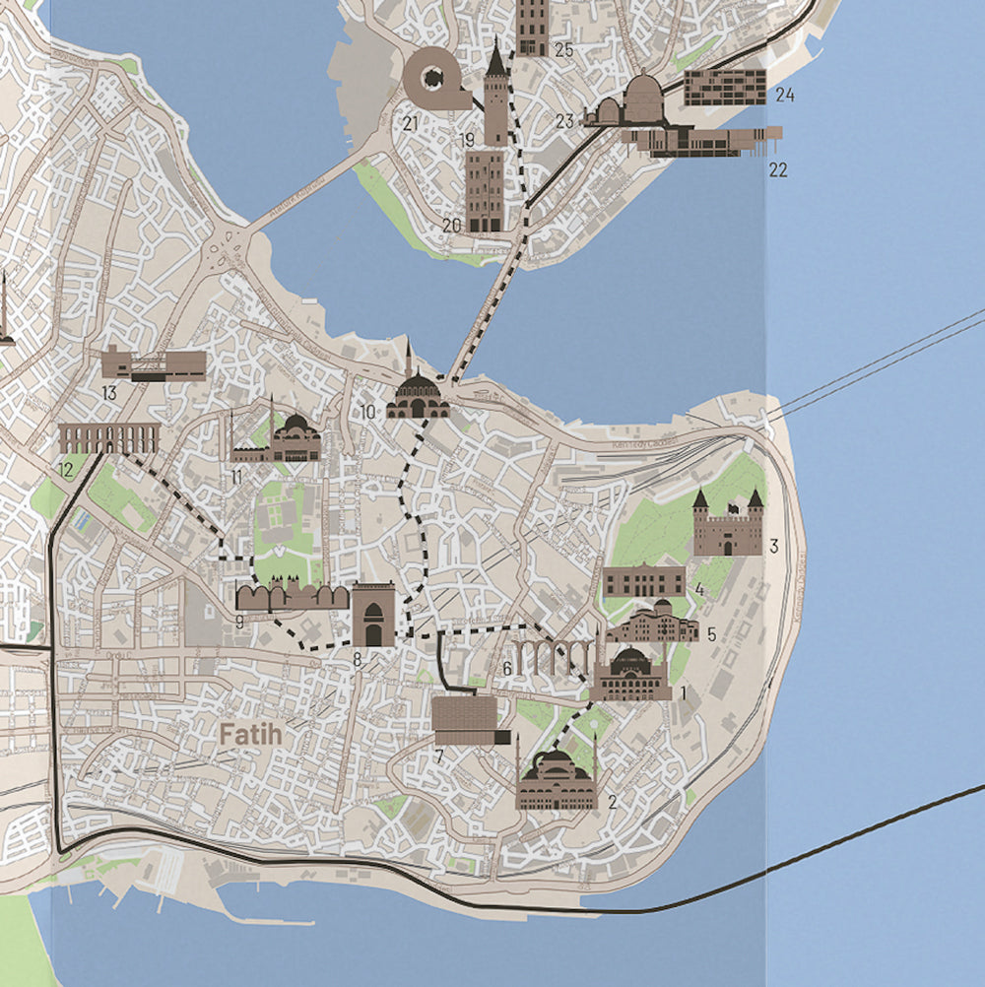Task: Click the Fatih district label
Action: click(250, 735)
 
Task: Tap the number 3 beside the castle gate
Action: click(774, 546)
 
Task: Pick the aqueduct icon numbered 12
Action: click(108, 438)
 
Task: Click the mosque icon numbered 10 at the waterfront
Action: click(418, 391)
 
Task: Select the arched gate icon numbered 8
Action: click(373, 614)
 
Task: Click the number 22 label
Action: click(778, 169)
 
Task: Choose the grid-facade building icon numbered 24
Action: click(725, 87)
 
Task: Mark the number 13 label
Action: click(109, 393)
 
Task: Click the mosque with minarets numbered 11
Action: click(279, 439)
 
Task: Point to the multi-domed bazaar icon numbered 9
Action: click(293, 596)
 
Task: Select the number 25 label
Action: click(563, 49)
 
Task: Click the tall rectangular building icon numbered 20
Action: click(485, 191)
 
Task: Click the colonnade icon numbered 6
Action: click(551, 657)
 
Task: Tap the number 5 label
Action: click(711, 633)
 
